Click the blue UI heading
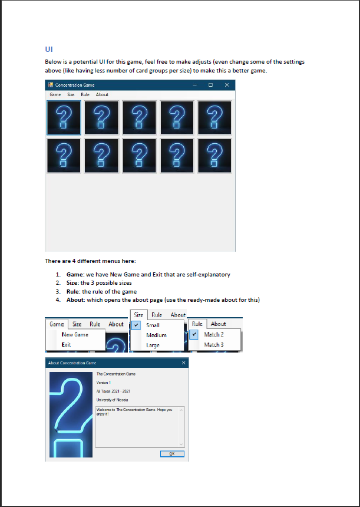point(49,48)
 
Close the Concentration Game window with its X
point(226,85)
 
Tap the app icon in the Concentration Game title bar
point(51,85)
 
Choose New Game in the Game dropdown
point(75,335)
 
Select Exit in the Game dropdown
point(66,344)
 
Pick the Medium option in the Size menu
point(156,335)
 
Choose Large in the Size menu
point(153,345)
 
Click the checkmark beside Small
point(136,325)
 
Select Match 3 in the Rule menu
point(214,344)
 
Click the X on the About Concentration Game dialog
point(184,363)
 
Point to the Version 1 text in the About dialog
point(105,382)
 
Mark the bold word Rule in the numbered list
point(74,291)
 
